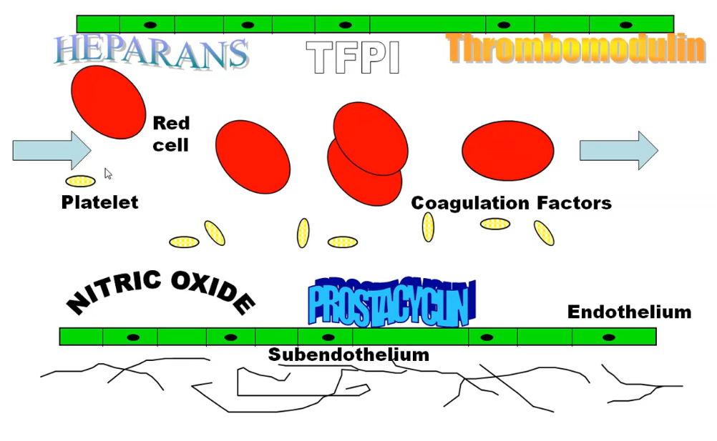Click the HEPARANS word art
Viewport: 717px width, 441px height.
tap(151, 51)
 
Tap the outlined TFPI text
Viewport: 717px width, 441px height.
tap(352, 58)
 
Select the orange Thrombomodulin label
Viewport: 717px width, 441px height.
tap(576, 48)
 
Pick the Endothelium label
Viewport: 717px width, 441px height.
tap(629, 312)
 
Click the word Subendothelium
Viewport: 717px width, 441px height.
tap(348, 355)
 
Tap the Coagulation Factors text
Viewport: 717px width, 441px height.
tap(511, 203)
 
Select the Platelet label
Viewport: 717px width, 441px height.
tap(99, 202)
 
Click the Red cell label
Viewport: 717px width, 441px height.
tap(171, 134)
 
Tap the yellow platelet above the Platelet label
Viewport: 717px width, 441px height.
tap(80, 182)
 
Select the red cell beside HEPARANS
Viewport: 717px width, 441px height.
tap(108, 102)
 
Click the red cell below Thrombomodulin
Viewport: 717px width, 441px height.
tap(507, 151)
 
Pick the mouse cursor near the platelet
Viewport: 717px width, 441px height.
tap(107, 174)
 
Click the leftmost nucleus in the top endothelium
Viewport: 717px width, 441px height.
tap(150, 25)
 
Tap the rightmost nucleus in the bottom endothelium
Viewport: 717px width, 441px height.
tap(609, 337)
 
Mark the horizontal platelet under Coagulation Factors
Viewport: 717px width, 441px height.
tap(495, 224)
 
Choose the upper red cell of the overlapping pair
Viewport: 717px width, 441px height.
tap(370, 138)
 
